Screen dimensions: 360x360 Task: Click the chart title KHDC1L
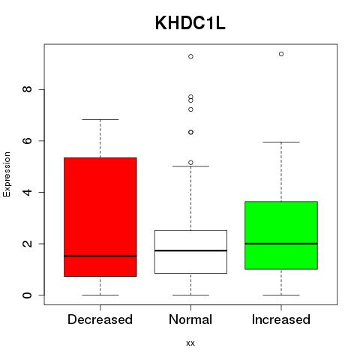[190, 23]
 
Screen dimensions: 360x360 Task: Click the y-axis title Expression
[7, 174]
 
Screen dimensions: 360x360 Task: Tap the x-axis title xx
[190, 343]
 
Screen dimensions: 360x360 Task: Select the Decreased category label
[100, 319]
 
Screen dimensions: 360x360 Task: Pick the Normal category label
[190, 319]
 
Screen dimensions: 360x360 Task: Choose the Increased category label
[281, 319]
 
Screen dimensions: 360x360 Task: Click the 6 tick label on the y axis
[27, 140]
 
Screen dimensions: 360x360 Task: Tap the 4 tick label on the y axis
[27, 192]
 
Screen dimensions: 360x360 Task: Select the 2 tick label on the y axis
[27, 244]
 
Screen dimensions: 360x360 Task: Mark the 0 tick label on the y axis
[27, 295]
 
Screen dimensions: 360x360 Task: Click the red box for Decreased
[100, 217]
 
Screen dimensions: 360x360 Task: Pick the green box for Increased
[281, 235]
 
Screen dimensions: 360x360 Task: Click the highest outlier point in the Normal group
[190, 56]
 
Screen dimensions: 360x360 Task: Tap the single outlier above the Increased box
[281, 54]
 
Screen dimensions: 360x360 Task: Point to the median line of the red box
[100, 256]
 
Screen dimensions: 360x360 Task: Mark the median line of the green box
[281, 244]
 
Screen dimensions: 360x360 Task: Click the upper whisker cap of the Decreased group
[100, 119]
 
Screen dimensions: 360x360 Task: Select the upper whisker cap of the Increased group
[281, 142]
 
